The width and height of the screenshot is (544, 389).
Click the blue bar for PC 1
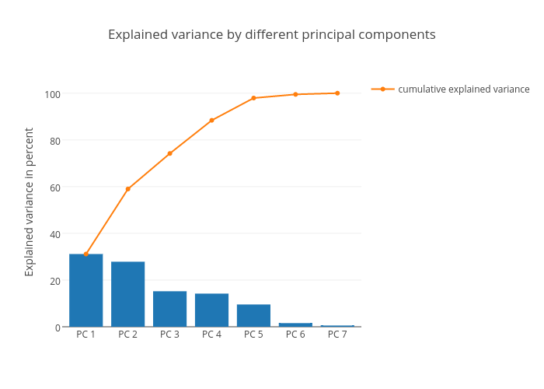(x=85, y=290)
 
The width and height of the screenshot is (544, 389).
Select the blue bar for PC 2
(x=127, y=294)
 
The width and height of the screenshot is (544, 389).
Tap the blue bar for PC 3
(x=169, y=309)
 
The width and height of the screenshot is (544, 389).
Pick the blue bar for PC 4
(x=211, y=310)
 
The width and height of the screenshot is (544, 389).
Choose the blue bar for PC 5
(x=253, y=315)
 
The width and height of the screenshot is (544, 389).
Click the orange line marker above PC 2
(x=127, y=189)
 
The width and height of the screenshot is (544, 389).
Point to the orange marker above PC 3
(x=169, y=153)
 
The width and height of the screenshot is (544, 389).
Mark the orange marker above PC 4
(x=211, y=121)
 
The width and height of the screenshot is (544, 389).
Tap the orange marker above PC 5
(x=253, y=98)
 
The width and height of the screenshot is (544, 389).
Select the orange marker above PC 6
(x=295, y=94)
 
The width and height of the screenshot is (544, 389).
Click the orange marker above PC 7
(x=337, y=93)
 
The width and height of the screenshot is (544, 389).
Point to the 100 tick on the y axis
(x=52, y=93)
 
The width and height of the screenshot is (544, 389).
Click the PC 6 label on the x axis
(x=295, y=335)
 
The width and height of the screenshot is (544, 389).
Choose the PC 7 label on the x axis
(x=337, y=335)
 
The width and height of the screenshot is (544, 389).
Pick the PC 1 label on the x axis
(x=85, y=335)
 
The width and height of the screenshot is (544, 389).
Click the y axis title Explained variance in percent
(x=30, y=202)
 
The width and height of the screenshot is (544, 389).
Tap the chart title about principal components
(x=271, y=35)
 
